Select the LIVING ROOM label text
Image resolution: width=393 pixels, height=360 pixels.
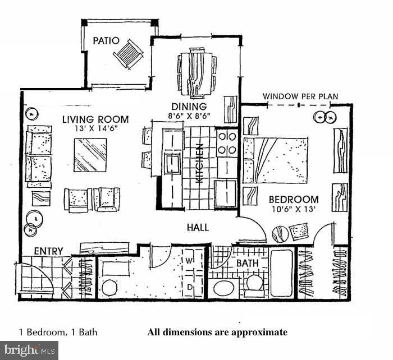[x=95, y=119]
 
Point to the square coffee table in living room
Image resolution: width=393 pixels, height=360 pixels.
[x=90, y=154]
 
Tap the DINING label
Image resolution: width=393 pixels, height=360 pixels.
[x=189, y=107]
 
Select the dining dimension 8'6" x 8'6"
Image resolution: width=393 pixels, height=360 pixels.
[x=189, y=116]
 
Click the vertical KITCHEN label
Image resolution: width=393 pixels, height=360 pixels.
[x=199, y=163]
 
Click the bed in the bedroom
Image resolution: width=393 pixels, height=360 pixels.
[x=276, y=160]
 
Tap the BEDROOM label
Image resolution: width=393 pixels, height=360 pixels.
[x=293, y=199]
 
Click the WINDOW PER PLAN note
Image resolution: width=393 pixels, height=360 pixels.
[x=300, y=96]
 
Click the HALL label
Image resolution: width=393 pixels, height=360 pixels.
[x=198, y=227]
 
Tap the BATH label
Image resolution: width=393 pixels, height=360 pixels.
[x=247, y=262]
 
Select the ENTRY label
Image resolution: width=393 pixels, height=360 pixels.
[x=48, y=251]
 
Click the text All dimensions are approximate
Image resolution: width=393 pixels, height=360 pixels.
[x=217, y=332]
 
